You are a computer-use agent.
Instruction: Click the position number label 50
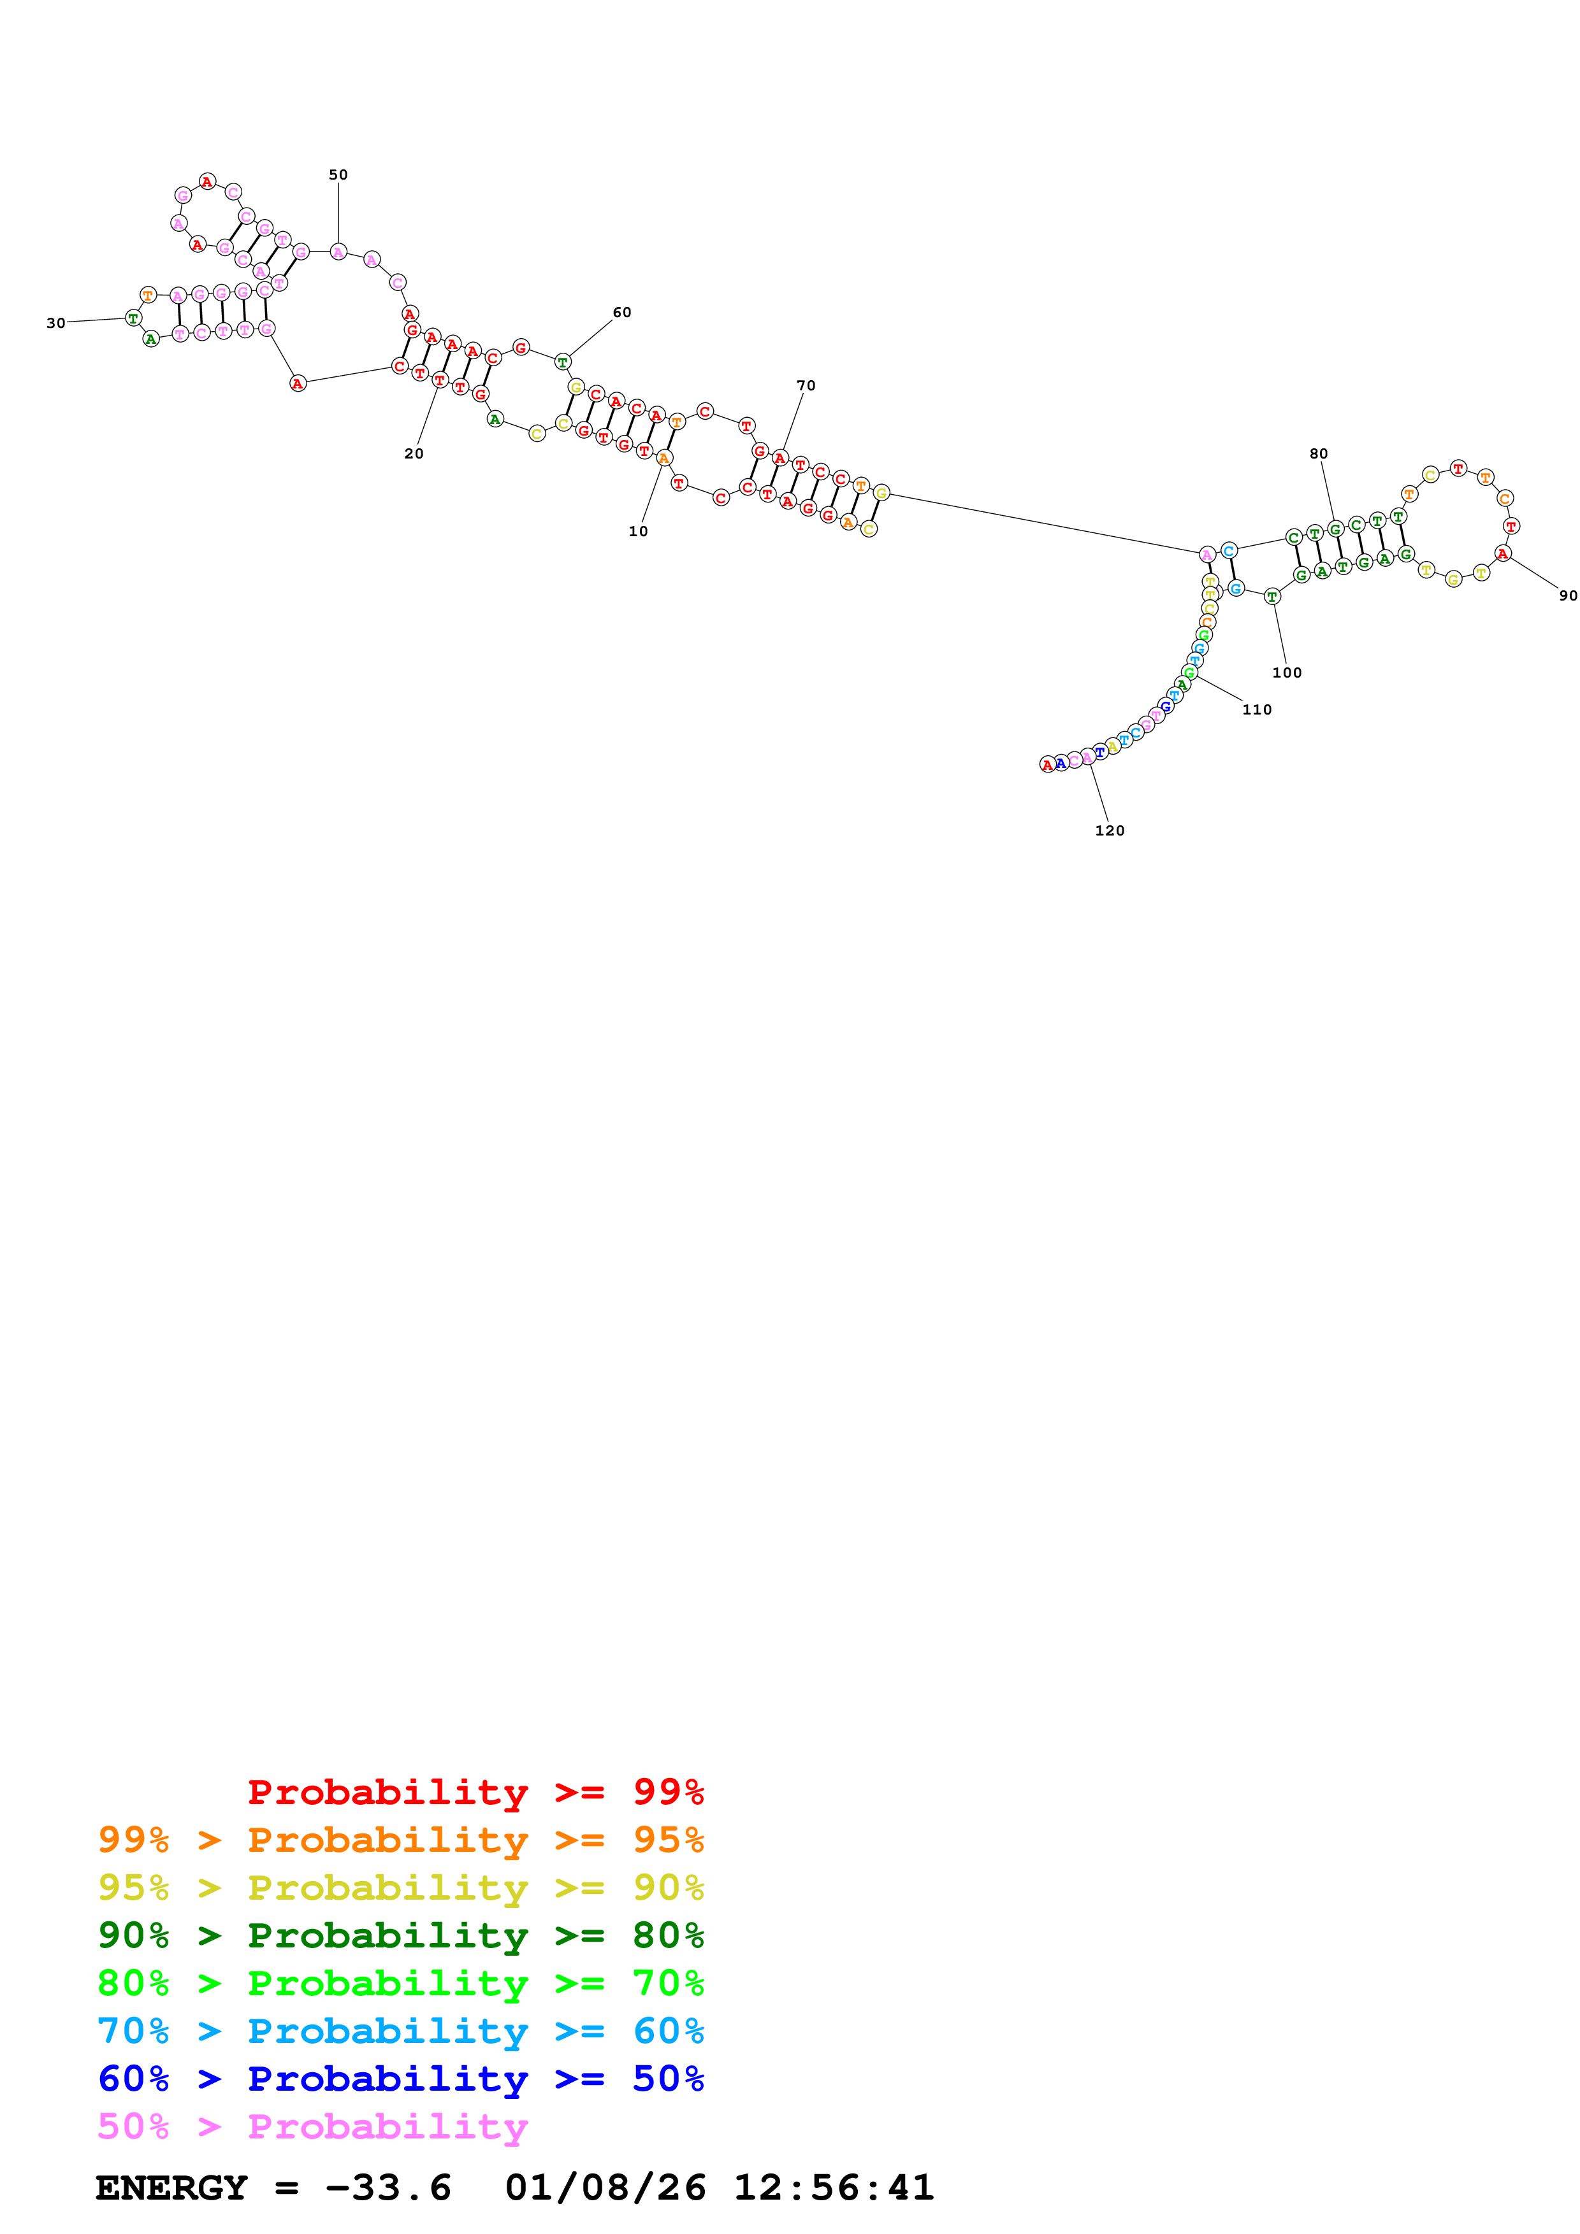point(338,175)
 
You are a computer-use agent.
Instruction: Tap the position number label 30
point(55,323)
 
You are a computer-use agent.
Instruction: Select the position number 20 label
point(414,453)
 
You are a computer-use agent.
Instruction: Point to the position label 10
point(637,531)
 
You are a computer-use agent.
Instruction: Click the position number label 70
point(806,385)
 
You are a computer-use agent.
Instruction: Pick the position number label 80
point(1318,453)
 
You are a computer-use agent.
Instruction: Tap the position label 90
point(1567,595)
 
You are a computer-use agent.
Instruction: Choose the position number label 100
point(1286,672)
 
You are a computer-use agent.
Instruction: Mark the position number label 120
point(1109,830)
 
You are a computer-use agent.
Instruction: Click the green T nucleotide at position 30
point(133,318)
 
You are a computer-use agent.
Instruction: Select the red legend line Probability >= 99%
point(475,1792)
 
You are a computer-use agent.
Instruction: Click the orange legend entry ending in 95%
point(400,1840)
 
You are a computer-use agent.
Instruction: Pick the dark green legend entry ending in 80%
point(400,1935)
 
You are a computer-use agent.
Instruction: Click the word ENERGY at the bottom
point(171,2188)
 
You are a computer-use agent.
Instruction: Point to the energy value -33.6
point(388,2188)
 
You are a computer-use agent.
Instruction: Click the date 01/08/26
point(605,2188)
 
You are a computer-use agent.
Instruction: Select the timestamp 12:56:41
point(833,2188)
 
